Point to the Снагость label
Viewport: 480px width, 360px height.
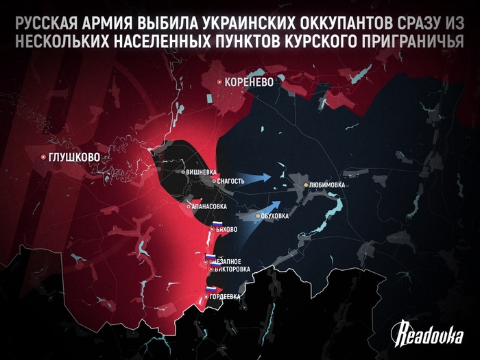(x=230, y=180)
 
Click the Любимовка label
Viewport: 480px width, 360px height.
(x=327, y=185)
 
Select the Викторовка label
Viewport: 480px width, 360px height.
(x=232, y=269)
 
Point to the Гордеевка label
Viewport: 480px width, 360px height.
(x=227, y=296)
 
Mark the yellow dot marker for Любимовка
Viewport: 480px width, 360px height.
(x=306, y=185)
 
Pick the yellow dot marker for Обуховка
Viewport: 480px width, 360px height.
(x=258, y=217)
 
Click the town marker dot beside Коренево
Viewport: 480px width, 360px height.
(x=219, y=82)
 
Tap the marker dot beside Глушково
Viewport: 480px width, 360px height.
(x=44, y=157)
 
